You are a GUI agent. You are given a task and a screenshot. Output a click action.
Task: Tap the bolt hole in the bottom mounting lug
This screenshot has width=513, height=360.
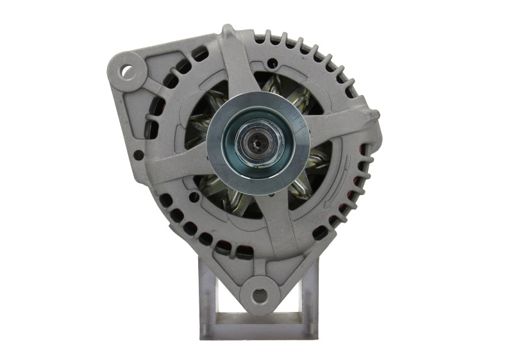258,295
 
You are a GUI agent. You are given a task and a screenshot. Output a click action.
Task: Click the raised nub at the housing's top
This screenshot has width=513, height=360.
228,30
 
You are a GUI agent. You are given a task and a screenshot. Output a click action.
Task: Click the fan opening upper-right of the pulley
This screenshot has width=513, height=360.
289,90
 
